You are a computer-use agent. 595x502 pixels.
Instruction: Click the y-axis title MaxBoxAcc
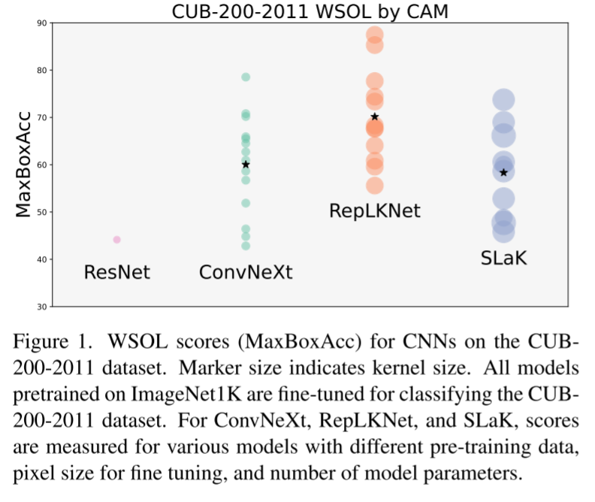(x=24, y=164)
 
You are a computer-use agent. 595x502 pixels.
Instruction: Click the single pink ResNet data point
(x=117, y=240)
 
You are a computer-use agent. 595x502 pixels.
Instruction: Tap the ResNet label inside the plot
(x=117, y=272)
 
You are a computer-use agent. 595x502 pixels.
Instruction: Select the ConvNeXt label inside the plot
(x=246, y=272)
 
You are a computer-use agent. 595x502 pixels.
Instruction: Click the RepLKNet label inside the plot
(x=375, y=210)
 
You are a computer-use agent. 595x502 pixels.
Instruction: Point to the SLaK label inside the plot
(x=503, y=259)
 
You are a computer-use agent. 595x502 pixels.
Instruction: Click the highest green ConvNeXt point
(x=246, y=77)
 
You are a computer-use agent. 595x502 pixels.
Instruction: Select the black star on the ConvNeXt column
(x=246, y=165)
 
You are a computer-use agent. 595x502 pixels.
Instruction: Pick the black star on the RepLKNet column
(x=375, y=116)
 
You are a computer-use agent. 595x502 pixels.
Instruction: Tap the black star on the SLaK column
(x=503, y=173)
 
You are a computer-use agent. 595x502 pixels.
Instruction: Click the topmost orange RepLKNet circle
(x=375, y=35)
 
